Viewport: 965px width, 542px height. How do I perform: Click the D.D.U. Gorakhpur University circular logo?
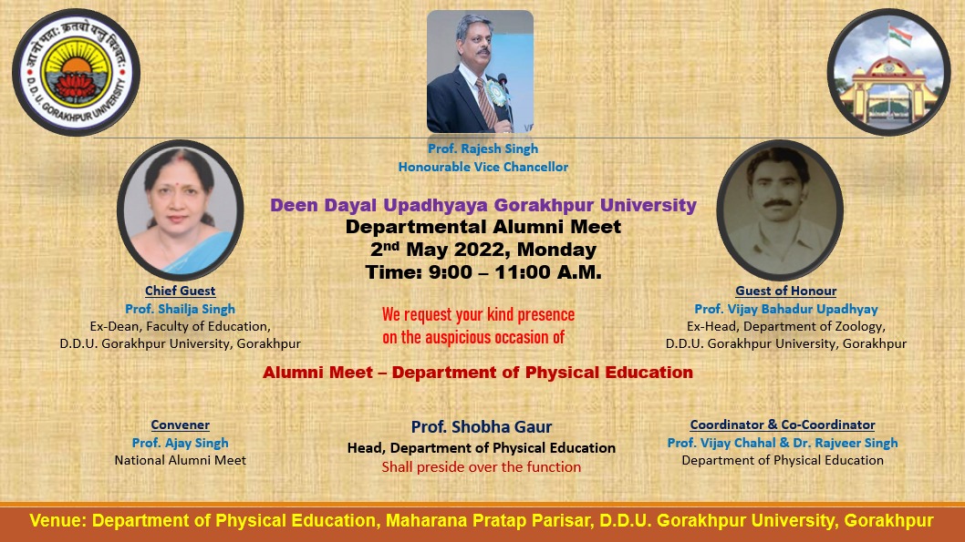point(77,73)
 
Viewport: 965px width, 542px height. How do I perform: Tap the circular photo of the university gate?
point(888,72)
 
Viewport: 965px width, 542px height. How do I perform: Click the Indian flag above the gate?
point(899,35)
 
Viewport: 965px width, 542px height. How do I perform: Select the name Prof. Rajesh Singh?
point(483,148)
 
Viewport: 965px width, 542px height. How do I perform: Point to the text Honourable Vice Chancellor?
point(483,167)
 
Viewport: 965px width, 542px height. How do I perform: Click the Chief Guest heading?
point(181,291)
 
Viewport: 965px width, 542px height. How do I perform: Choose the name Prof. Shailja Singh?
point(181,309)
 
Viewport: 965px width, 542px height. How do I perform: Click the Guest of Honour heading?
point(786,291)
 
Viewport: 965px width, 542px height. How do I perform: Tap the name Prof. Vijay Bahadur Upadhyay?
point(786,309)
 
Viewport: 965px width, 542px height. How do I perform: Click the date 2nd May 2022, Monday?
point(483,249)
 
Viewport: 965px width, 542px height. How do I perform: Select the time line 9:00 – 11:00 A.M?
point(483,272)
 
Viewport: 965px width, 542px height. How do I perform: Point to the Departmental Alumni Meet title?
point(483,227)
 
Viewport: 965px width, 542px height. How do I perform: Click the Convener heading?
point(181,424)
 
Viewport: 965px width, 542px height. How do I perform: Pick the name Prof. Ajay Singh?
point(181,443)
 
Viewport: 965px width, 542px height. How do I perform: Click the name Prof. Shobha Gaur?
point(482,426)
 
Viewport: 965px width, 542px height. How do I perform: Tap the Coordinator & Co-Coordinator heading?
point(783,424)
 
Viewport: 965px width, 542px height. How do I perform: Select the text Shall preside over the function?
point(482,467)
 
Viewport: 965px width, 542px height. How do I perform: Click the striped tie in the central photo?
point(485,102)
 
